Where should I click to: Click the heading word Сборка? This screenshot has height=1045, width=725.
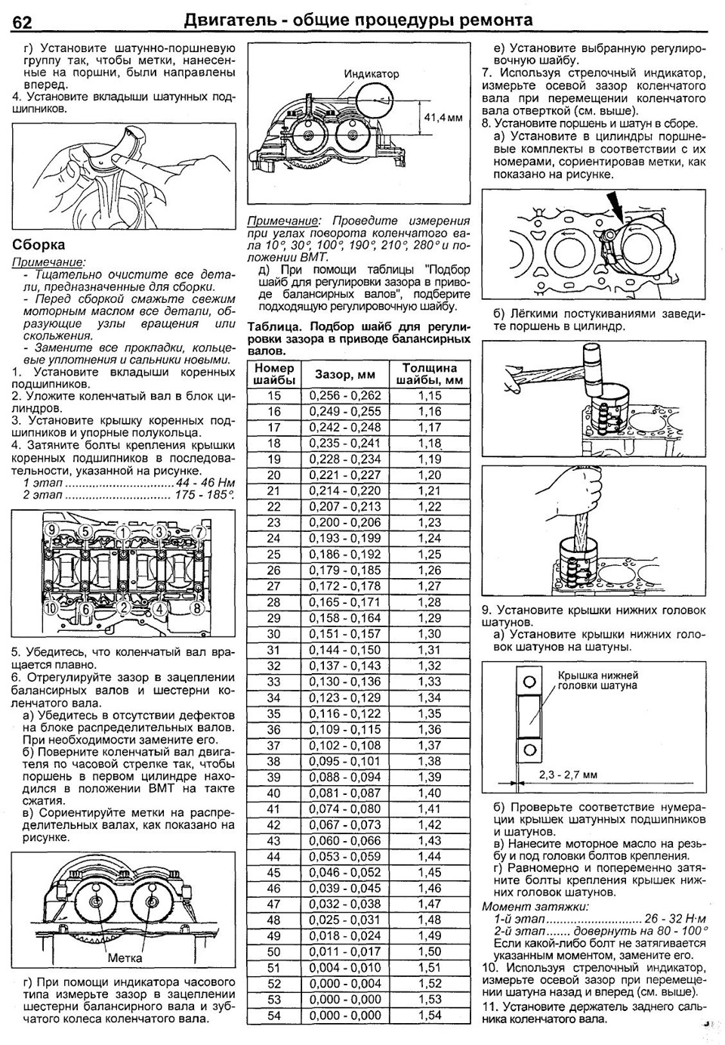[x=39, y=245]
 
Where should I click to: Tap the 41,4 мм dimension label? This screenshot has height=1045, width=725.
[x=443, y=118]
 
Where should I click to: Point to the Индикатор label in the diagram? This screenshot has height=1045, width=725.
[x=372, y=74]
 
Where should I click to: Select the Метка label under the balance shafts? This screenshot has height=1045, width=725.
[x=125, y=958]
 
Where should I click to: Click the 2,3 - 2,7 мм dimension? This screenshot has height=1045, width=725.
[x=568, y=774]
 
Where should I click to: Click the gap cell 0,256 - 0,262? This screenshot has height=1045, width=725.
[x=345, y=396]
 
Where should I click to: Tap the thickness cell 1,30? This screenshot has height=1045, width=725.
[x=430, y=634]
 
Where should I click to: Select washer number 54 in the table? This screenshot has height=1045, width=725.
[x=273, y=1016]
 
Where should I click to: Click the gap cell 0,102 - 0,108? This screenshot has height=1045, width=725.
[x=345, y=746]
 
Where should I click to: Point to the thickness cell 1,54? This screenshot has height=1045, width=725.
[x=430, y=1016]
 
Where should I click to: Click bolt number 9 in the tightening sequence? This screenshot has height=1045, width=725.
[x=52, y=530]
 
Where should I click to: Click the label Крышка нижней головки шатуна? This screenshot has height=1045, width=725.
[x=597, y=680]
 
